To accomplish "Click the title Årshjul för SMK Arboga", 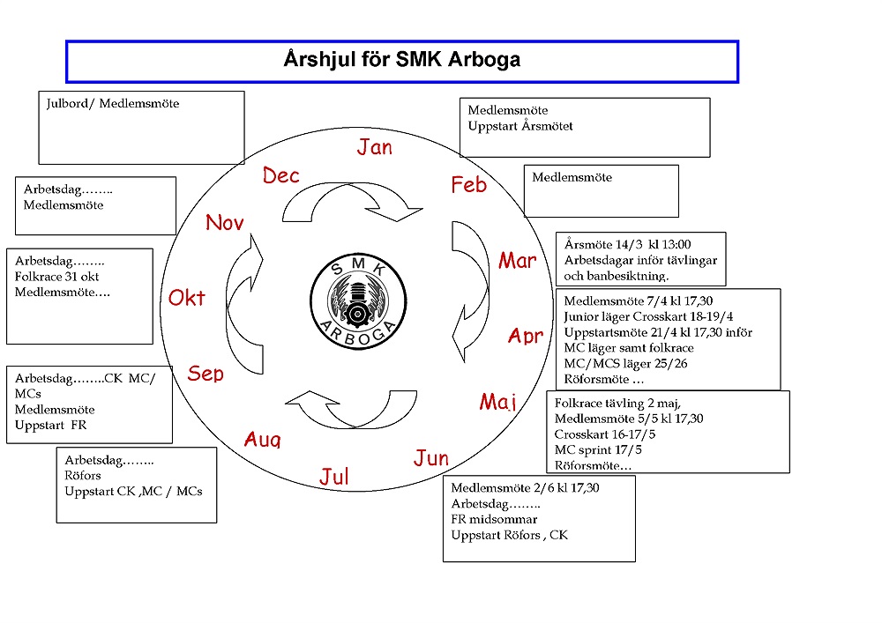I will (401, 60).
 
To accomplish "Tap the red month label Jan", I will (375, 147).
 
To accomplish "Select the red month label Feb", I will (468, 185).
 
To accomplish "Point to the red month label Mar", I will (517, 261).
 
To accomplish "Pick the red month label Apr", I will (526, 336).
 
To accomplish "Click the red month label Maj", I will (497, 402).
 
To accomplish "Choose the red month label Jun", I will (431, 458).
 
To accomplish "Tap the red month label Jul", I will (334, 477).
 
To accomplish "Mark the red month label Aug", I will (262, 439).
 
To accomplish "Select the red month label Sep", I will (206, 374).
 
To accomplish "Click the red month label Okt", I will (187, 298).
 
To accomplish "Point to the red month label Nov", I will (224, 223).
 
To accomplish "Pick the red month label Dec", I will (281, 176).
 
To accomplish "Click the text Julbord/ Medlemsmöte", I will (113, 104).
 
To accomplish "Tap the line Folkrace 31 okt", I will (57, 277).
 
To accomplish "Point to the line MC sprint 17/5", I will (598, 449).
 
